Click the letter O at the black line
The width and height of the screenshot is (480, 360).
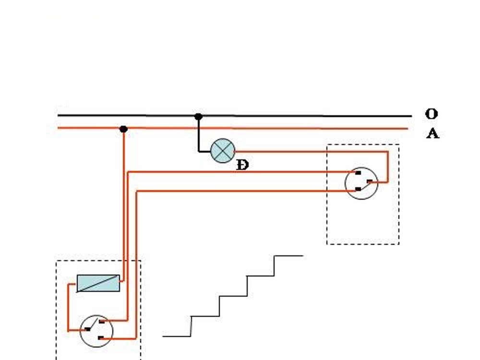pyautogui.click(x=432, y=114)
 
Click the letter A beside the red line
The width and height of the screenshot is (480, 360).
pyautogui.click(x=432, y=133)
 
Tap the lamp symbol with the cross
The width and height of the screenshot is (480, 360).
pyautogui.click(x=223, y=151)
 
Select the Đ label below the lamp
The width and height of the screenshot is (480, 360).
pyautogui.click(x=243, y=166)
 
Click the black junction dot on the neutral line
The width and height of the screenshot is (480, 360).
pyautogui.click(x=198, y=117)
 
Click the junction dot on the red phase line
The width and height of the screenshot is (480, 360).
pyautogui.click(x=123, y=129)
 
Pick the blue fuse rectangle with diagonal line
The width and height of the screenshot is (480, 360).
pyautogui.click(x=98, y=283)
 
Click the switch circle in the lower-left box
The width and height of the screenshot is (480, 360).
pyautogui.click(x=96, y=331)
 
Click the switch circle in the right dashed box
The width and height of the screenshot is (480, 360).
pyautogui.click(x=361, y=183)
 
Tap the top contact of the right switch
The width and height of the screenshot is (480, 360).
pyautogui.click(x=358, y=173)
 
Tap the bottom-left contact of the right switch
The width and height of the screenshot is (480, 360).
pyautogui.click(x=358, y=190)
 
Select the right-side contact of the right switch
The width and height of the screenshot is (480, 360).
pyautogui.click(x=370, y=181)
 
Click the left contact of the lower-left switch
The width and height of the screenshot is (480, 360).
pyautogui.click(x=87, y=329)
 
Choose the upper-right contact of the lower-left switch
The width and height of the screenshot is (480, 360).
pyautogui.click(x=101, y=322)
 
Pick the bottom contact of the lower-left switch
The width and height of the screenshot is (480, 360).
pyautogui.click(x=101, y=338)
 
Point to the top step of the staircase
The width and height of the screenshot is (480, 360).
pyautogui.click(x=288, y=256)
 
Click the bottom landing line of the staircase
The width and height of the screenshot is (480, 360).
pyautogui.click(x=177, y=336)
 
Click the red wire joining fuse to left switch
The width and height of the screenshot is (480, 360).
pyautogui.click(x=68, y=306)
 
